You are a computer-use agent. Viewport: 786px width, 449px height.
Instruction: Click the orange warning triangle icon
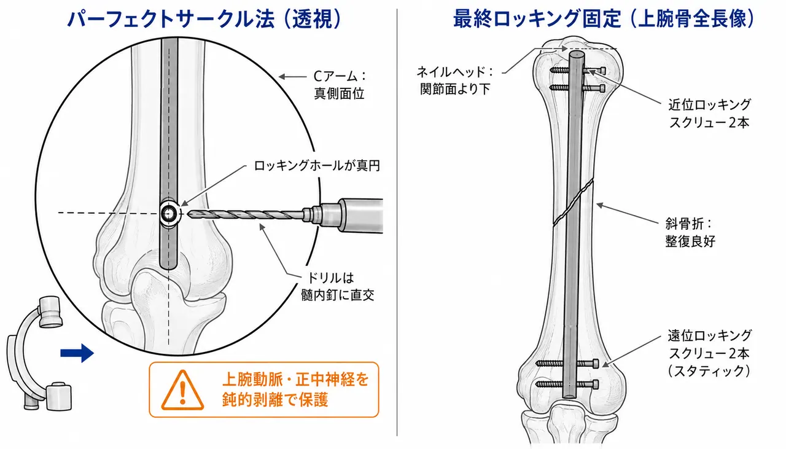[182, 391]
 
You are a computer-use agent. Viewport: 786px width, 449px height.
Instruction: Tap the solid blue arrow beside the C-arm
[77, 353]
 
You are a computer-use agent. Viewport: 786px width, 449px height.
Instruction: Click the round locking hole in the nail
[169, 213]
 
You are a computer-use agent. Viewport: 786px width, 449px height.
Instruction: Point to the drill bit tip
[189, 213]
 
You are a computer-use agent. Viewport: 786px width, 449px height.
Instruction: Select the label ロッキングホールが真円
[317, 165]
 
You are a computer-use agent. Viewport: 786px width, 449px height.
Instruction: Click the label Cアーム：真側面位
[340, 85]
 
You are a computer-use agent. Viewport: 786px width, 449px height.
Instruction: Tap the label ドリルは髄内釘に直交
[338, 286]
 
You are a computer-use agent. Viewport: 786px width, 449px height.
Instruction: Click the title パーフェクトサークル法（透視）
[204, 18]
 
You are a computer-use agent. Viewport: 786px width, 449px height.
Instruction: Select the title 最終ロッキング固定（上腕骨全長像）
[604, 18]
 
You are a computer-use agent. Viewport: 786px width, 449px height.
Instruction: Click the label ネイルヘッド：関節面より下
[455, 80]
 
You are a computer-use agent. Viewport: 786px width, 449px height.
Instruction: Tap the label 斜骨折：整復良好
[690, 232]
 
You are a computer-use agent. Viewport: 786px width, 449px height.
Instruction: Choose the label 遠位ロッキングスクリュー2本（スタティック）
[709, 353]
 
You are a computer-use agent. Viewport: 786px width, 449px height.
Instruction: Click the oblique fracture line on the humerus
[574, 202]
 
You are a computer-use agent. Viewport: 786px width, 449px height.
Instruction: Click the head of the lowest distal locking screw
[595, 385]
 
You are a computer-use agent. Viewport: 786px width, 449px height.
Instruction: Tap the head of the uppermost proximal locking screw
[602, 71]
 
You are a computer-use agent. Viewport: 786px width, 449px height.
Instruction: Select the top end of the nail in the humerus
[577, 55]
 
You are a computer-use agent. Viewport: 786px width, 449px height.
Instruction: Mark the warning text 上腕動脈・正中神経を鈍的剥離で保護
[295, 389]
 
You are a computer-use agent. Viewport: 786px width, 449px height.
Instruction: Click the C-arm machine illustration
[39, 354]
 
